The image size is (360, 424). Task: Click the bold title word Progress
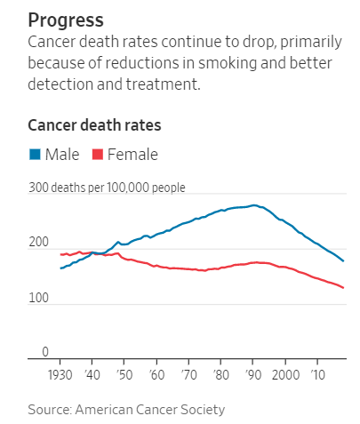click(66, 20)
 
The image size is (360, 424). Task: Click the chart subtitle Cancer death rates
click(82, 124)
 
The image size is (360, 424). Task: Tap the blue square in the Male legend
click(35, 155)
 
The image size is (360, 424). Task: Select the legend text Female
click(132, 155)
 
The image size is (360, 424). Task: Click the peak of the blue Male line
click(254, 205)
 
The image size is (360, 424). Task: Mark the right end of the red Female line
click(344, 288)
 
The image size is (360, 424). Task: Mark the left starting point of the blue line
click(60, 268)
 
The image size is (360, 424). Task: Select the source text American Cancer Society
click(151, 409)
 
